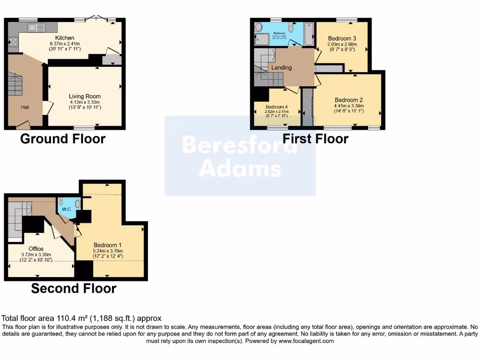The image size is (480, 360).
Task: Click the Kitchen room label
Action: tap(65, 38)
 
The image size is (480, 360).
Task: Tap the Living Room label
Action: tap(85, 97)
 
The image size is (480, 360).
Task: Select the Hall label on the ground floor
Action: tap(25, 107)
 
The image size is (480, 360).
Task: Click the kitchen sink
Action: tap(36, 27)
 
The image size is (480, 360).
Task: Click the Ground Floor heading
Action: tap(62, 139)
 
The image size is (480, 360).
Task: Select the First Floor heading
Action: tap(315, 139)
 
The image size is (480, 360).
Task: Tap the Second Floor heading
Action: tap(74, 288)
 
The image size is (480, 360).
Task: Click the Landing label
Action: tap(281, 67)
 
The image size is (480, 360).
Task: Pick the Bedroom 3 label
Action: tap(342, 38)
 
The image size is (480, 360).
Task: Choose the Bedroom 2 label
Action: tap(349, 100)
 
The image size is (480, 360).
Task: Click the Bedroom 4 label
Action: tap(276, 106)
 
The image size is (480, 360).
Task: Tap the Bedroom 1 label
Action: tap(108, 245)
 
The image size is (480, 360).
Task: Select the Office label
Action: tap(36, 249)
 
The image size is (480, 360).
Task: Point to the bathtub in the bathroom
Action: tap(309, 34)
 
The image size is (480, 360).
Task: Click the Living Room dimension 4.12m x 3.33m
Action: tap(85, 102)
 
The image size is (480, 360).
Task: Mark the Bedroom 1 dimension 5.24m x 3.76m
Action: tap(108, 251)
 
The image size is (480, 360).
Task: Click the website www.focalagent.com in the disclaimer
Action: tap(307, 341)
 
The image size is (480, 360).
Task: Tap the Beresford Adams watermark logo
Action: tap(240, 156)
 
